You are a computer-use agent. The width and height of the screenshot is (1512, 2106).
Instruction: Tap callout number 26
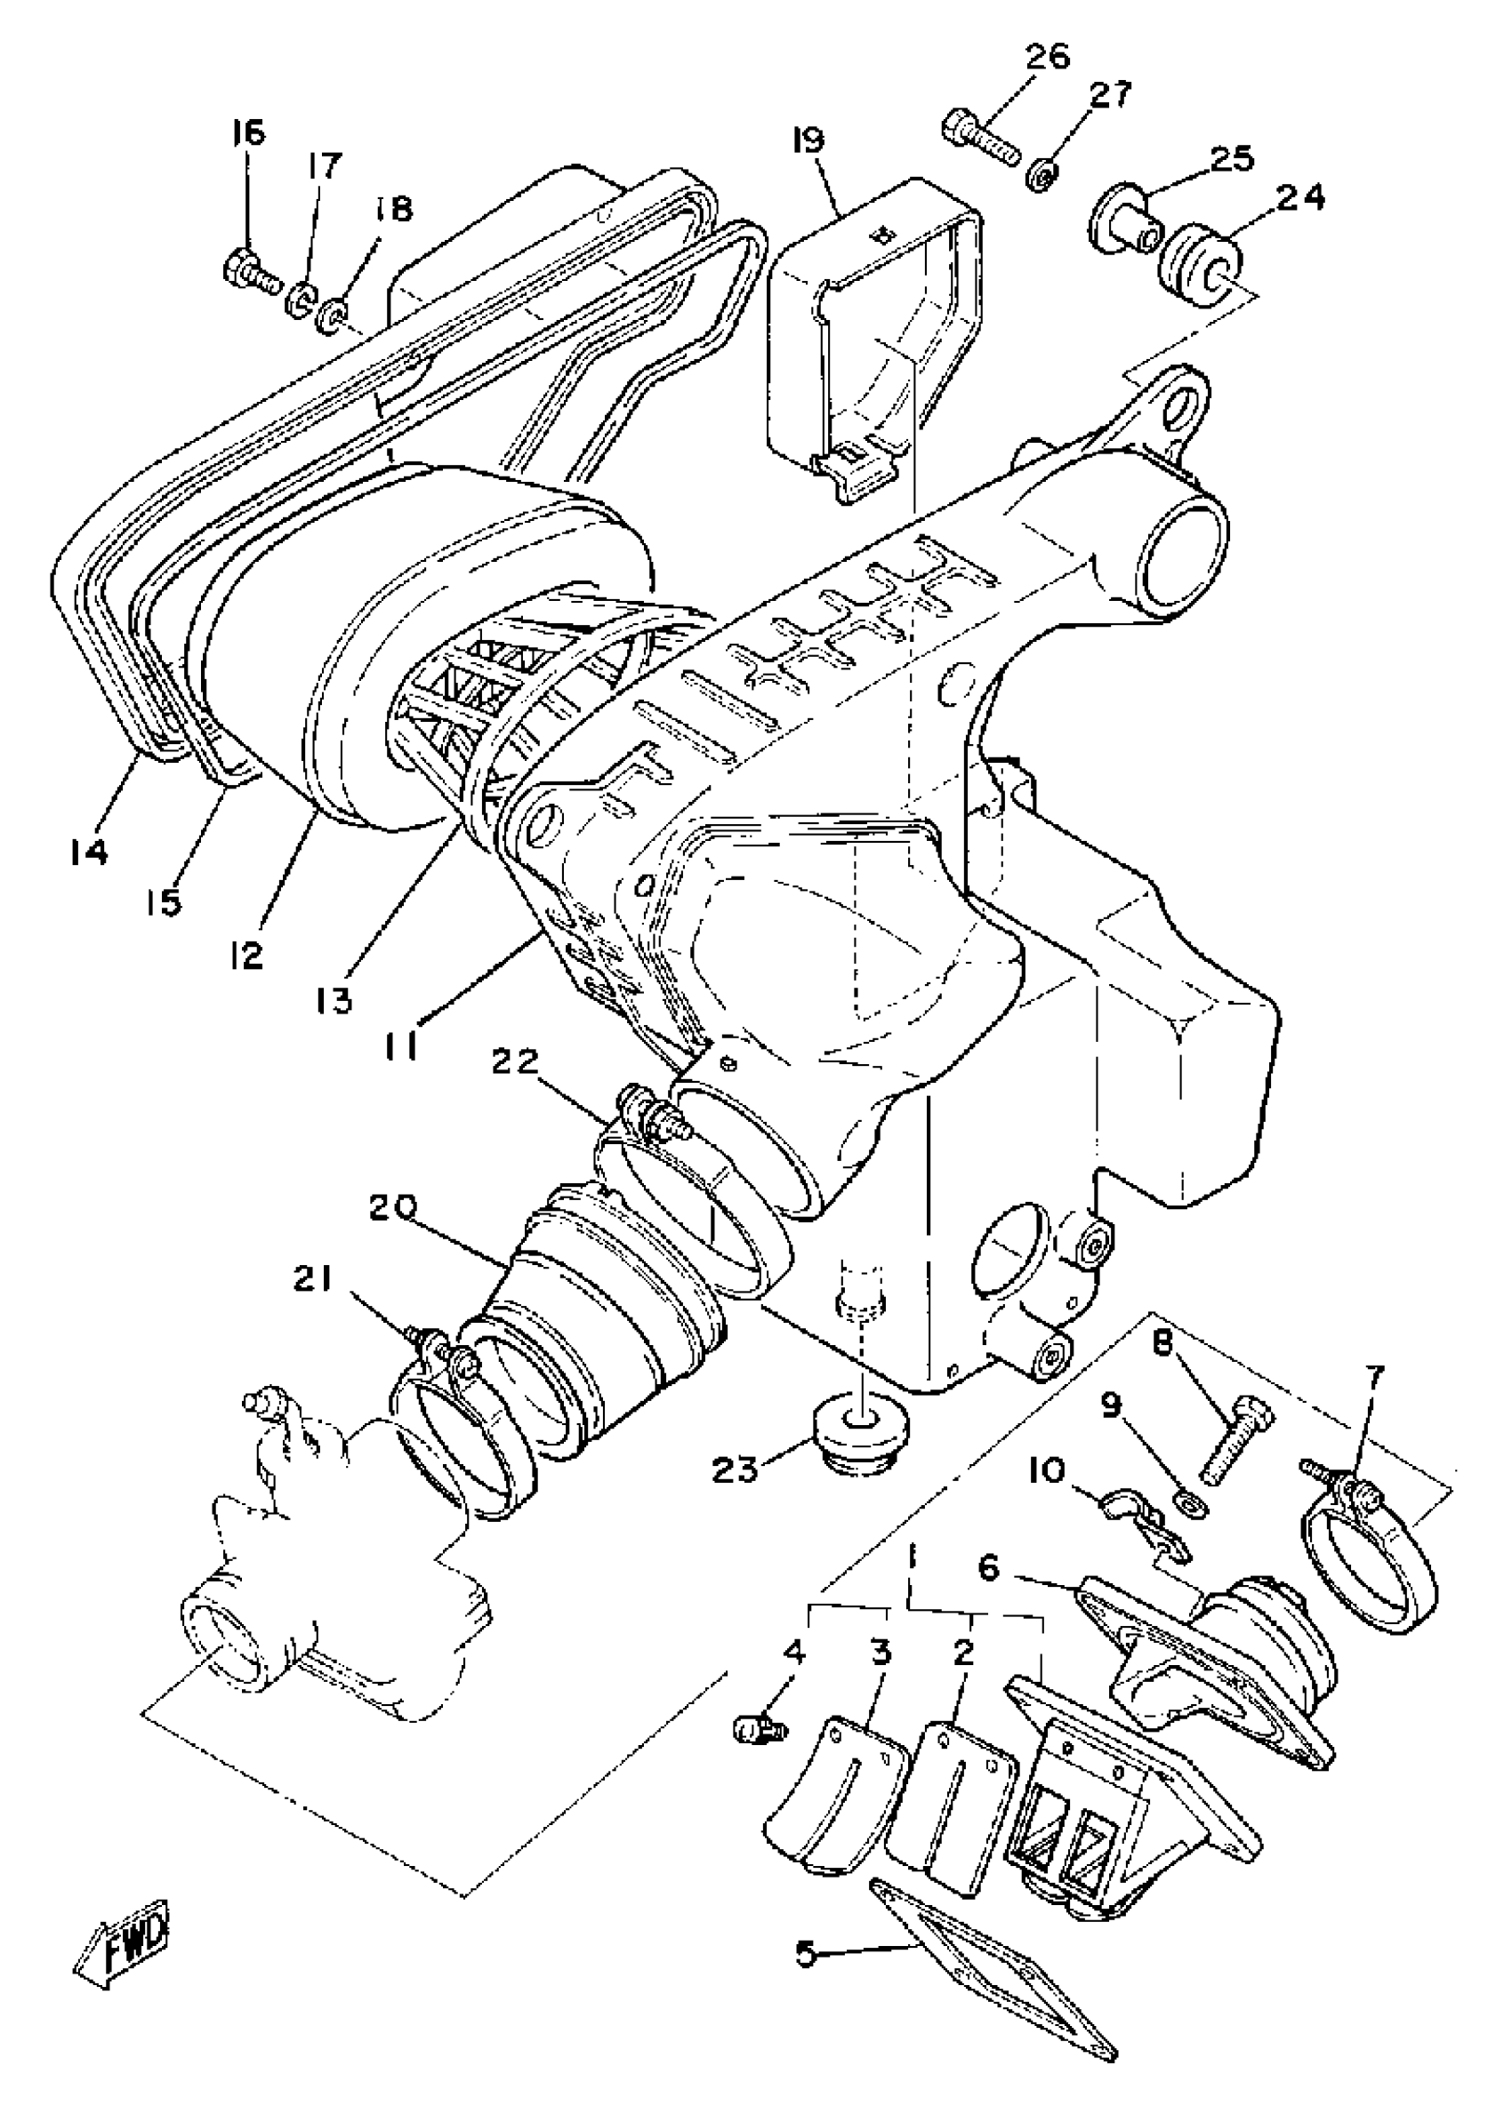1047,58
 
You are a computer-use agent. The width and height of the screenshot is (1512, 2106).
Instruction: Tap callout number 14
88,851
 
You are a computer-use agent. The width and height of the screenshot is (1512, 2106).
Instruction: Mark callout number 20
393,1207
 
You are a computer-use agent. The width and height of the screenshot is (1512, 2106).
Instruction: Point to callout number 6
988,1568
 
